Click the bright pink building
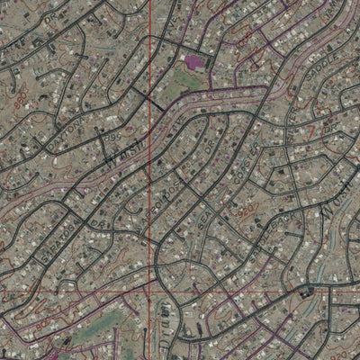193,62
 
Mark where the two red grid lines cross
149,293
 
